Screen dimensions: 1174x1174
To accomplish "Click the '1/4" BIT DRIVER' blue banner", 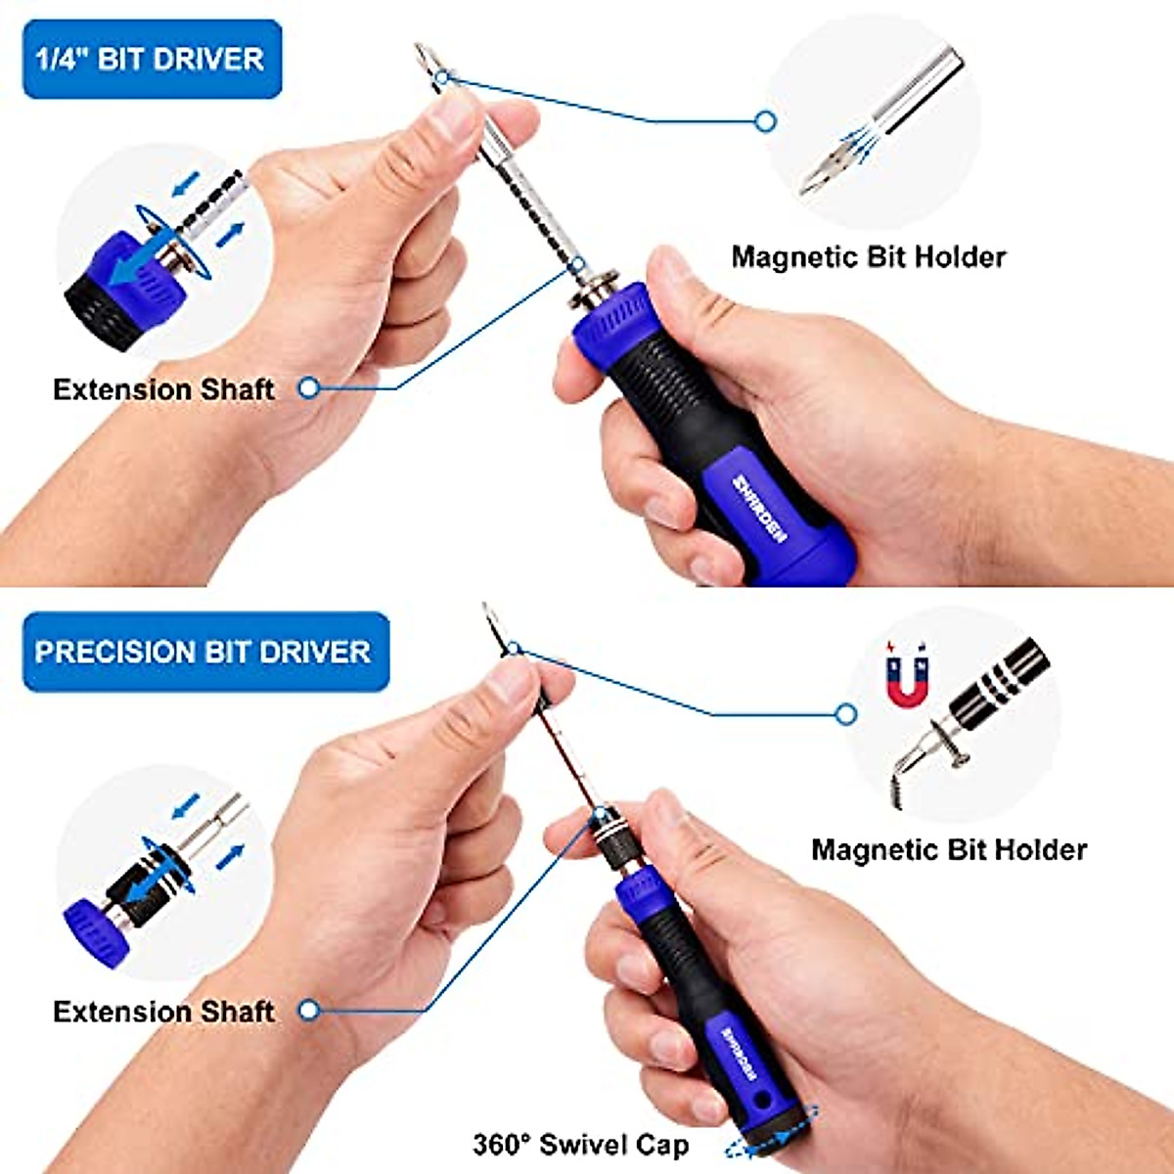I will pos(152,59).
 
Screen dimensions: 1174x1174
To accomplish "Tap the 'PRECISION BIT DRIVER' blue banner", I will pos(204,652).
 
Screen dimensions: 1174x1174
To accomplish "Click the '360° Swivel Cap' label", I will pos(580,1144).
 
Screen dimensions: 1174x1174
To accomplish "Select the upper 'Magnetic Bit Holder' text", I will pos(868,257).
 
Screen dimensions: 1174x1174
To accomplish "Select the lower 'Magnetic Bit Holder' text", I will pos(948,849).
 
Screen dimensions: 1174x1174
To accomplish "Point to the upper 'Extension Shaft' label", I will pos(163,389).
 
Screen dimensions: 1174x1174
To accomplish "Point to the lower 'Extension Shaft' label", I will pos(163,1011).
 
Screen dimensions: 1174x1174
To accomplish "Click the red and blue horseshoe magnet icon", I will pos(906,674).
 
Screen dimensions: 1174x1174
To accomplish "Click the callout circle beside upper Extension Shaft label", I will pos(309,388).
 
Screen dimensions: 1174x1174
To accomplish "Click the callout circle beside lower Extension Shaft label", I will pos(309,1010).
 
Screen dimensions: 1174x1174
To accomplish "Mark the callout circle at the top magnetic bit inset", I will pos(766,121).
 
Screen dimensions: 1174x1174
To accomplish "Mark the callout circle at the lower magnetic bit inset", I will pos(846,714).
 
